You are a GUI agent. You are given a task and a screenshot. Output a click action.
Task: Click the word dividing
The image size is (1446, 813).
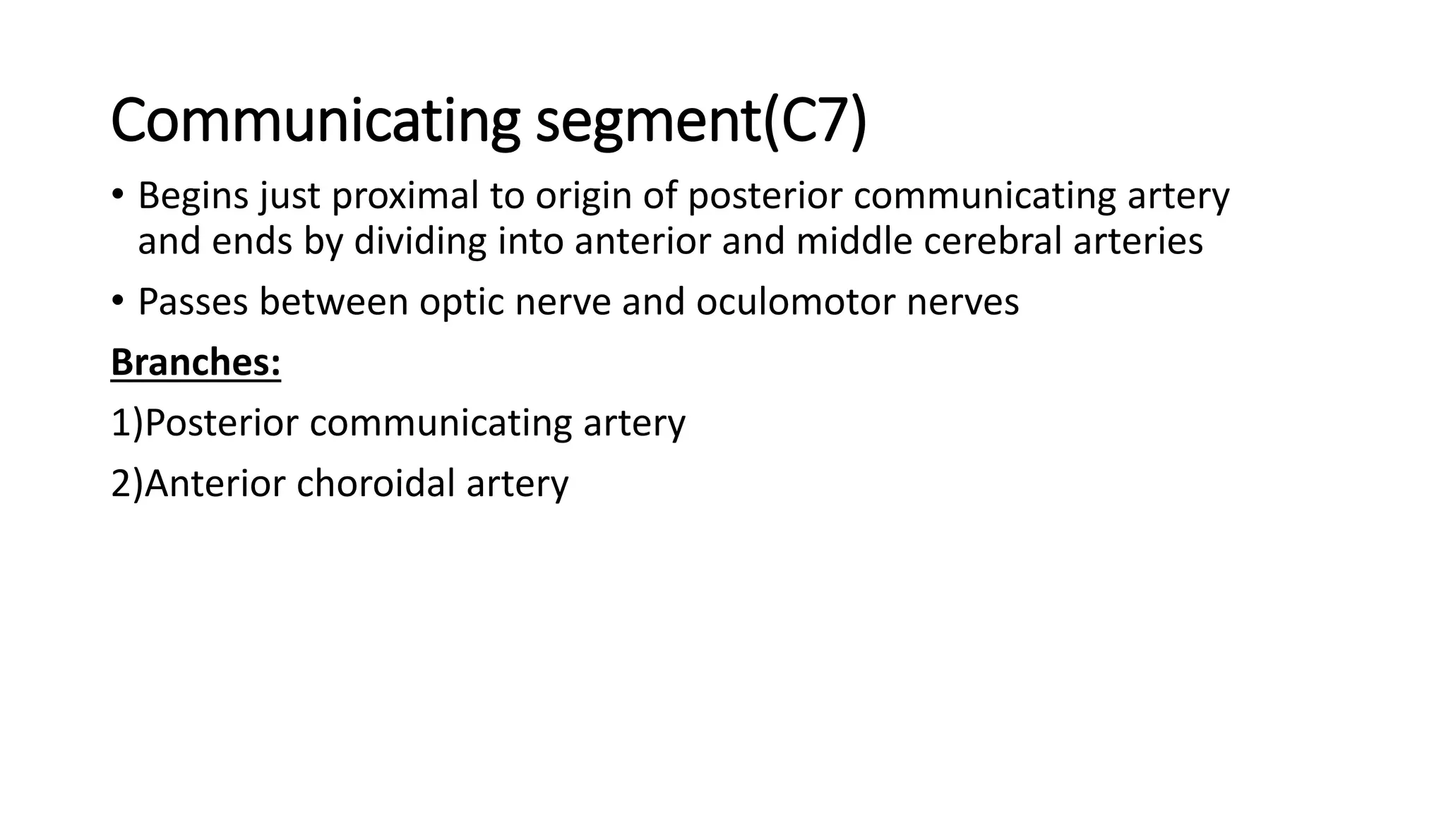tap(420, 241)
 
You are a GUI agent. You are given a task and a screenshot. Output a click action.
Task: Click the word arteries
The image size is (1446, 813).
tap(1138, 241)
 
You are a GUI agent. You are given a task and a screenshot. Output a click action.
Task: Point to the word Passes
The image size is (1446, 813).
tap(193, 302)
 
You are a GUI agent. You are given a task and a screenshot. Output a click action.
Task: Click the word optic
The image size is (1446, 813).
tap(462, 302)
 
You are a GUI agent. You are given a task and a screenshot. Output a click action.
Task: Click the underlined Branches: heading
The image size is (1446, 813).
tap(196, 363)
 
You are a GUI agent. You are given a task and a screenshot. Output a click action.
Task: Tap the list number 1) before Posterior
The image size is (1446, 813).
tap(127, 423)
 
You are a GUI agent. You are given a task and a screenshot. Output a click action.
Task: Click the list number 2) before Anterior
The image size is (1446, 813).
tap(127, 484)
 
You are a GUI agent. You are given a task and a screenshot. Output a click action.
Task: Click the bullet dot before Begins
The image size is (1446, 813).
tap(117, 196)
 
